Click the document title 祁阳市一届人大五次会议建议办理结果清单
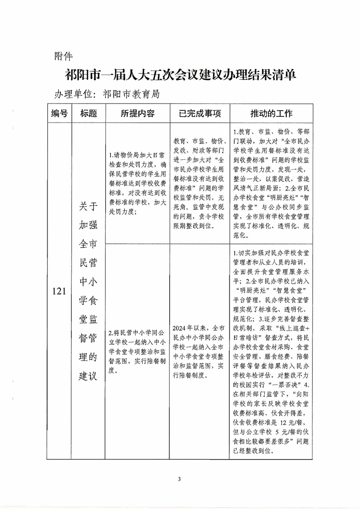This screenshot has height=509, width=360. pos(181,75)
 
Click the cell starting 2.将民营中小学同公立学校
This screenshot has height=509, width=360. pos(137,350)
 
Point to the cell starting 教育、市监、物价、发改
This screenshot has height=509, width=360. pos(199,182)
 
